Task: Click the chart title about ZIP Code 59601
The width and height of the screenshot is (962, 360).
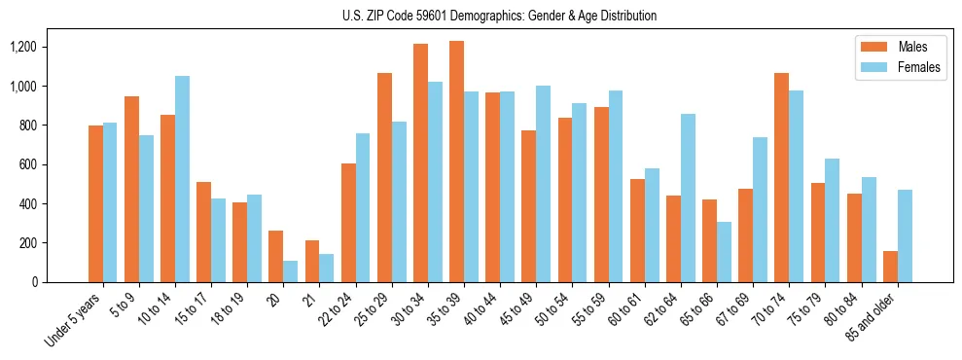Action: [500, 16]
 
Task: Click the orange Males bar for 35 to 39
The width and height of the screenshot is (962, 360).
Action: [456, 162]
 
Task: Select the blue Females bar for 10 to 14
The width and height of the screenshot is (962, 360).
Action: [183, 179]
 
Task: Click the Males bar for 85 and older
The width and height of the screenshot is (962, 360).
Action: [890, 267]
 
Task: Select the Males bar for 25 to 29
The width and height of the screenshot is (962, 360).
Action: [384, 177]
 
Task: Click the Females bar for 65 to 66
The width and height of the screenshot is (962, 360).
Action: [724, 252]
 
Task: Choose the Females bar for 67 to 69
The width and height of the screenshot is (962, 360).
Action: [760, 209]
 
